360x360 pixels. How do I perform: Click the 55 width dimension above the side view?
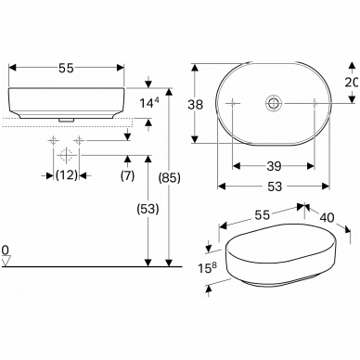point(67,68)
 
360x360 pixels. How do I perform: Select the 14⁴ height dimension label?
point(149,103)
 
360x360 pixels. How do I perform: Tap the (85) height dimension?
point(169,178)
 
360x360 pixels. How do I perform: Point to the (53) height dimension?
point(148,209)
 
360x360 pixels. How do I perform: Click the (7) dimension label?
point(127,175)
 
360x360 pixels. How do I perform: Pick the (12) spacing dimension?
point(67,175)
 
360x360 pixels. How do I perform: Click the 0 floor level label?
point(6,250)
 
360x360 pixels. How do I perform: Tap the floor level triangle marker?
point(6,261)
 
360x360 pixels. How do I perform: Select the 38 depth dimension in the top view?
point(196,105)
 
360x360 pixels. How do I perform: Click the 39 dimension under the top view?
point(274,166)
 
